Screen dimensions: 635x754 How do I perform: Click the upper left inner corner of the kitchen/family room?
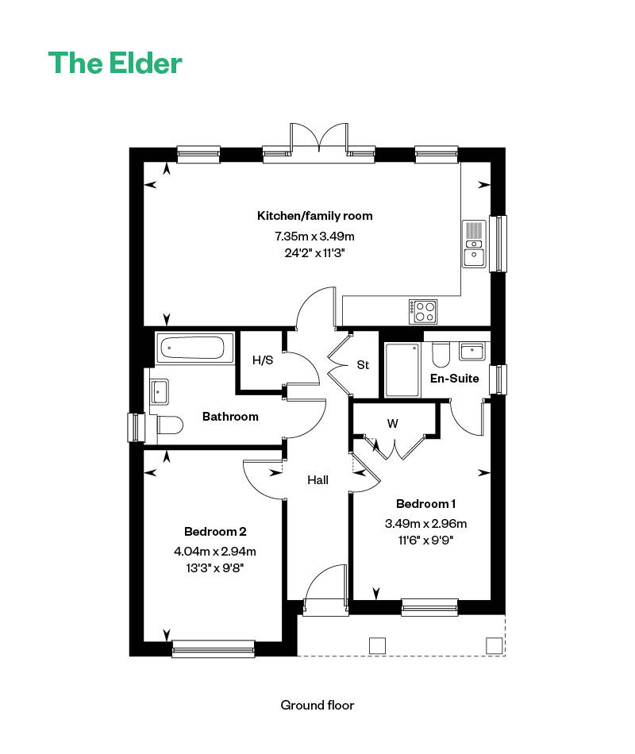[144, 162]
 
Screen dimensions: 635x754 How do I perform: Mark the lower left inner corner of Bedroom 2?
[144, 641]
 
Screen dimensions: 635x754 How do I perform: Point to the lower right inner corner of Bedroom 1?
[491, 600]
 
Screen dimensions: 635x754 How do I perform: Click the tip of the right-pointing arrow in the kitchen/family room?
[491, 185]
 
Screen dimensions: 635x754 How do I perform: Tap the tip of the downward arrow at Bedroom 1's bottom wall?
[376, 600]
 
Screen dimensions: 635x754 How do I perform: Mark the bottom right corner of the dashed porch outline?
[505, 656]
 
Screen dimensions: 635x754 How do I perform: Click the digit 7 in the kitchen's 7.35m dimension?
[278, 236]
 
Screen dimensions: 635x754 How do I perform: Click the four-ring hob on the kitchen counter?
[423, 311]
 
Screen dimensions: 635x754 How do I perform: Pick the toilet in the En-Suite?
[441, 355]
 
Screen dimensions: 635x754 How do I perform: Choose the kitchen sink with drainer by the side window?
[474, 244]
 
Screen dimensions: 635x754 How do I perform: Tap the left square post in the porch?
[377, 645]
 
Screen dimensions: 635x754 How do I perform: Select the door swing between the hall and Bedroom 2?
[264, 479]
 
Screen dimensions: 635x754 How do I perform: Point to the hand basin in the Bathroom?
[160, 391]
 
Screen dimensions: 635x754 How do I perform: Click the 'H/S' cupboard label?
[263, 360]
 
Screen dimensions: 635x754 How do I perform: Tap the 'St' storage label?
[363, 365]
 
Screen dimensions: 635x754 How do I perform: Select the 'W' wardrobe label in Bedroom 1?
[393, 424]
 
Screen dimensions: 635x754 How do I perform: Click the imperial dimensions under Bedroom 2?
[214, 568]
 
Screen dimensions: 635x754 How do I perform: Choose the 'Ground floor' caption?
[317, 705]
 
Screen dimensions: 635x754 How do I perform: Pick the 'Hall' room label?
[318, 479]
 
